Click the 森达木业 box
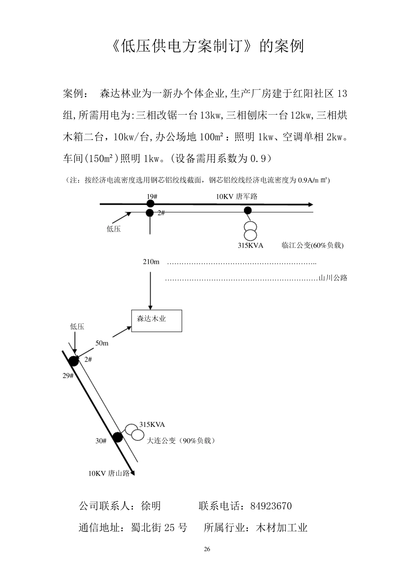(x=156, y=321)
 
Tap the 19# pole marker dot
(x=150, y=204)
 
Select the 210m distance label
(x=151, y=262)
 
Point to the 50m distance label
(x=102, y=343)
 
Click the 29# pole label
(x=68, y=375)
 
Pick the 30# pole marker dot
(x=117, y=437)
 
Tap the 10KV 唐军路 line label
(x=237, y=197)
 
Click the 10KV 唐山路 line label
(x=109, y=474)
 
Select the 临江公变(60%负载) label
(x=312, y=245)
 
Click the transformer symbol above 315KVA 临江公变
(x=250, y=231)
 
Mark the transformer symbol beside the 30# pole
(x=135, y=432)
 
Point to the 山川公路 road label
(x=333, y=278)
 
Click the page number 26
(x=207, y=549)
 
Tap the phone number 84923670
(x=271, y=506)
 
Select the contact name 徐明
(x=151, y=506)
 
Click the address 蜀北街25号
(x=159, y=528)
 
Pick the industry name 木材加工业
(x=282, y=528)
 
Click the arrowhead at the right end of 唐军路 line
(x=310, y=204)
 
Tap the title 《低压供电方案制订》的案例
(x=207, y=46)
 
